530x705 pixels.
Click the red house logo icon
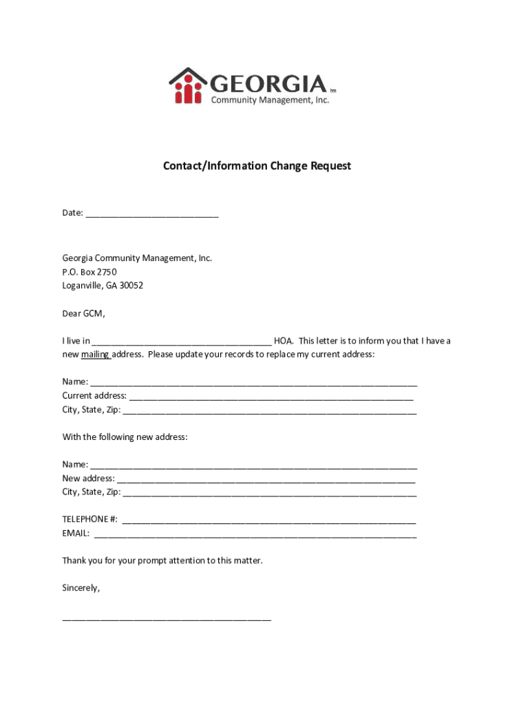[x=187, y=86]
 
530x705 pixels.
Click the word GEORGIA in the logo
[x=268, y=83]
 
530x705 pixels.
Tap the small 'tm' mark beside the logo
[x=332, y=91]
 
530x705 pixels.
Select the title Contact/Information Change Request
[x=257, y=166]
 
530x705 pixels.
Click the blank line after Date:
[x=152, y=213]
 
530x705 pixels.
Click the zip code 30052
[x=131, y=286]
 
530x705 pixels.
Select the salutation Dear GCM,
[x=83, y=314]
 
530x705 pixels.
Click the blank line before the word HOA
[x=181, y=341]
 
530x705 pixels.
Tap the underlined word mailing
[x=95, y=355]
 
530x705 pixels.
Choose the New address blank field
[x=266, y=478]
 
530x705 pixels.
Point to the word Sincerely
[x=81, y=589]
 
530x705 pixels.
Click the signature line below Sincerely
[x=167, y=619]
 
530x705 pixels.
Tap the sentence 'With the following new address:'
[x=125, y=437]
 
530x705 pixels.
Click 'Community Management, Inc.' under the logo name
[x=270, y=101]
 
